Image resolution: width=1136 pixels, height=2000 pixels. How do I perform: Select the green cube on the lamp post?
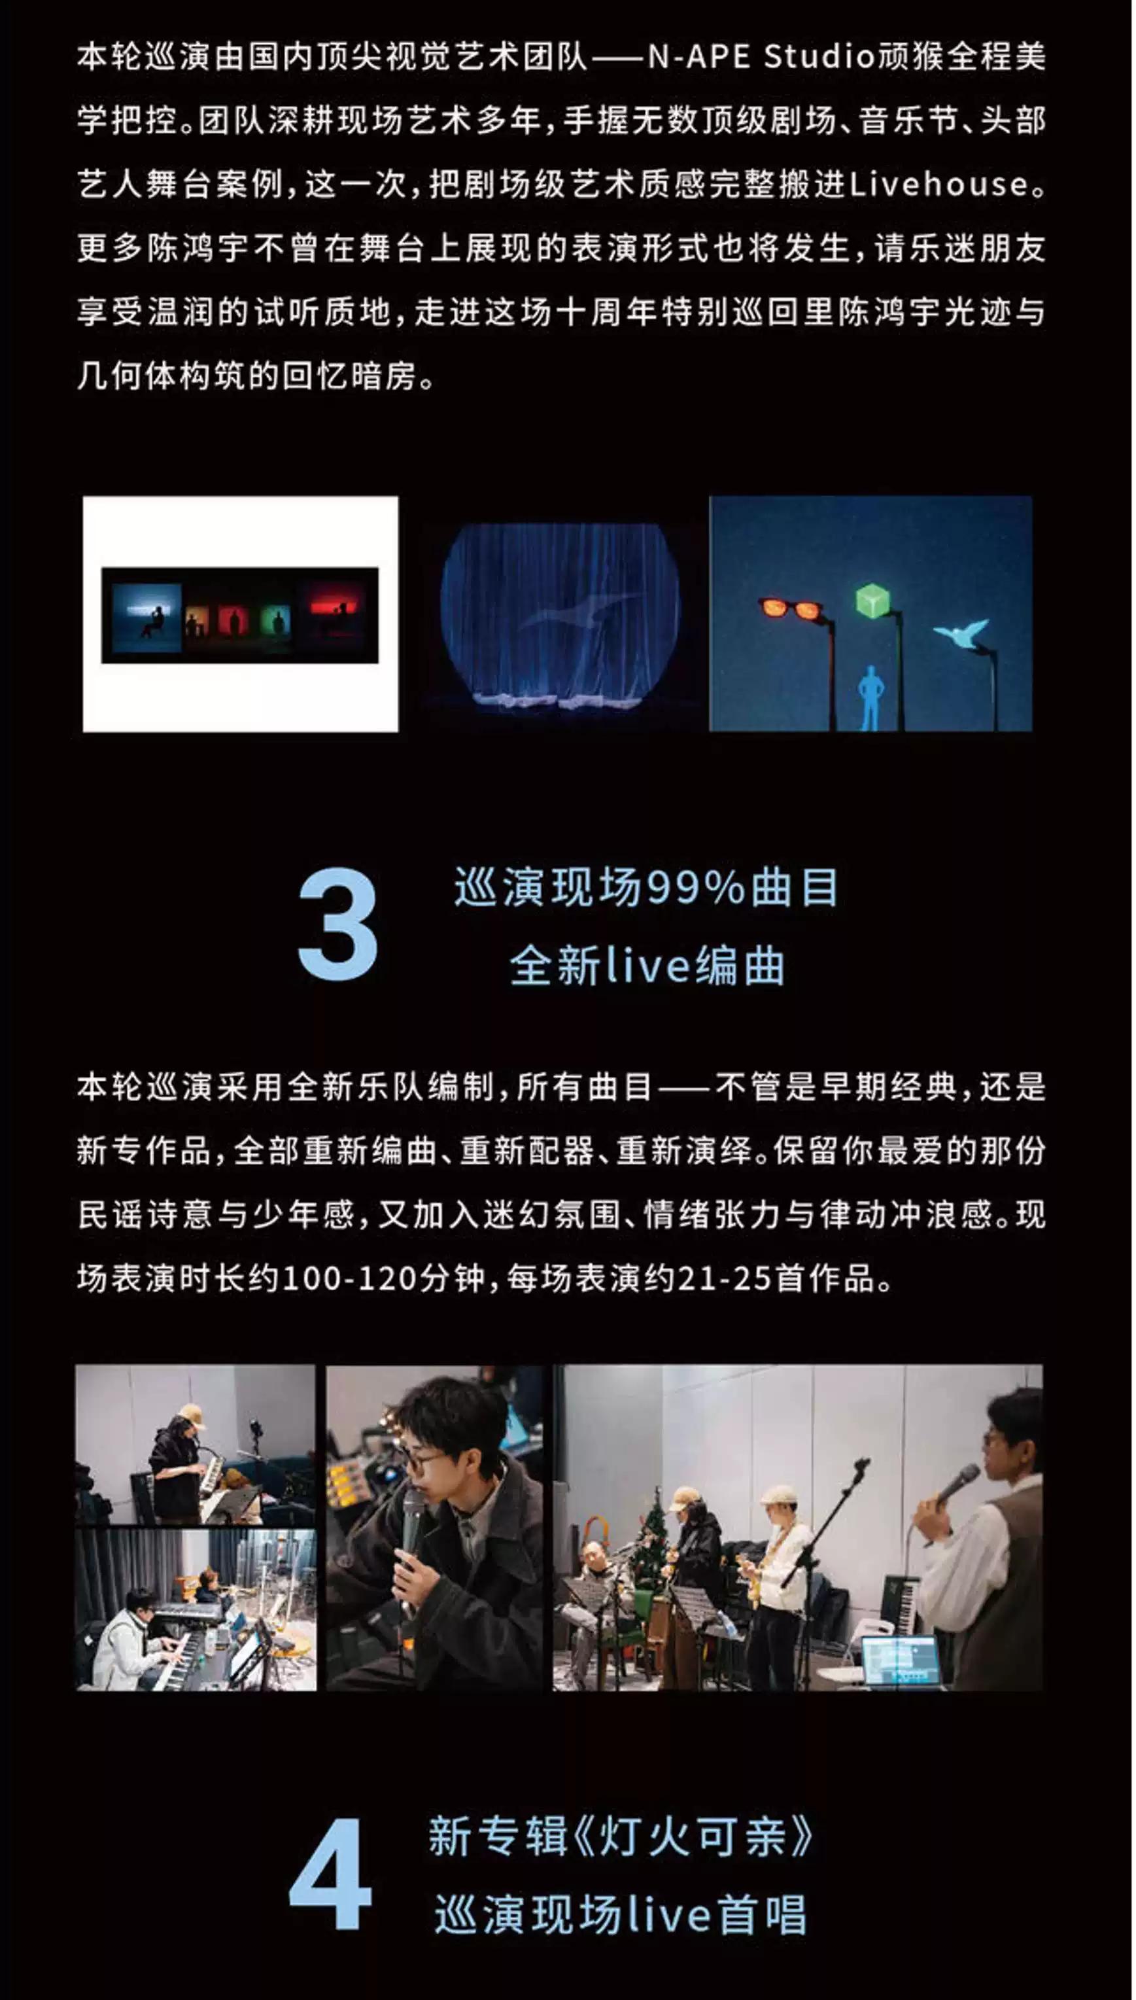(873, 599)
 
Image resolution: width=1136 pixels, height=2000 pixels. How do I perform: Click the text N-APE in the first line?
(698, 57)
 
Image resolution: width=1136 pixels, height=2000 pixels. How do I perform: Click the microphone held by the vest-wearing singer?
(957, 1485)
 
